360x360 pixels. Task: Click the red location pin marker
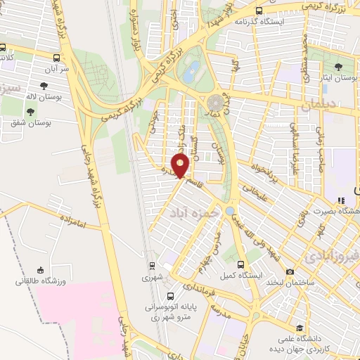click(181, 166)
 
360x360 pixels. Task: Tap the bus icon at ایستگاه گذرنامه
click(259, 11)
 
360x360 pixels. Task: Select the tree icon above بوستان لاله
click(45, 84)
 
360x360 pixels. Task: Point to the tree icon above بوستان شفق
click(30, 110)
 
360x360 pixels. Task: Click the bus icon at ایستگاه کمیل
click(241, 264)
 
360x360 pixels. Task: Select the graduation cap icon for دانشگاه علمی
click(300, 328)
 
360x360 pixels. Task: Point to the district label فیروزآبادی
click(334, 254)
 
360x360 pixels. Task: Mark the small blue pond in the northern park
click(191, 70)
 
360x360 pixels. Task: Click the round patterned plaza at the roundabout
click(217, 103)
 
